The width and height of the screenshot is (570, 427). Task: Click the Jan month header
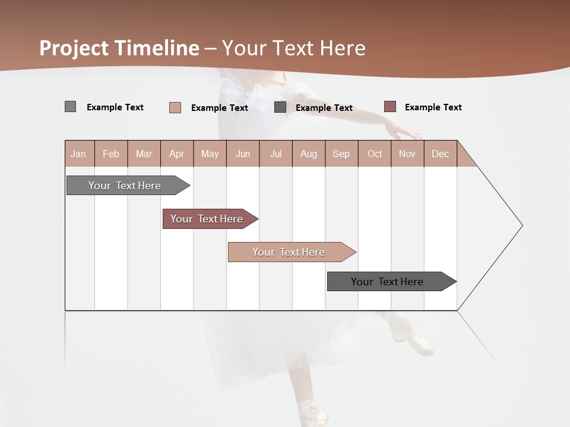tap(78, 154)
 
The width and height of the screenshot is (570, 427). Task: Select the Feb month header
tap(111, 154)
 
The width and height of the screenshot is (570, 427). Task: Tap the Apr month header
tap(176, 154)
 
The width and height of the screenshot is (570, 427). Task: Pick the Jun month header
tap(243, 154)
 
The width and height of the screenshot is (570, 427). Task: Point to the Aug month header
tap(308, 154)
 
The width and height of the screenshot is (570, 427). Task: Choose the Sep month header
tap(341, 154)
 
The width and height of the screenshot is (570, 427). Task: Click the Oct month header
tap(375, 154)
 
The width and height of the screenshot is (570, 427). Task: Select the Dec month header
tap(440, 154)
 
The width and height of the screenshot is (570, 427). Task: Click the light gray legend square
tap(71, 107)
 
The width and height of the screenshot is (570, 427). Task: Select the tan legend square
tap(175, 107)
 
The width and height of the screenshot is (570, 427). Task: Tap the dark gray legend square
tap(280, 107)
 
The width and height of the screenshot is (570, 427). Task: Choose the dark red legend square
tap(390, 107)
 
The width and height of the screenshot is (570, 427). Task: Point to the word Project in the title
tap(75, 48)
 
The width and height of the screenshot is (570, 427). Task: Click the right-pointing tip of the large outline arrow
tap(521, 225)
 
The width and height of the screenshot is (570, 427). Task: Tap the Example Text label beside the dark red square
tap(433, 107)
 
